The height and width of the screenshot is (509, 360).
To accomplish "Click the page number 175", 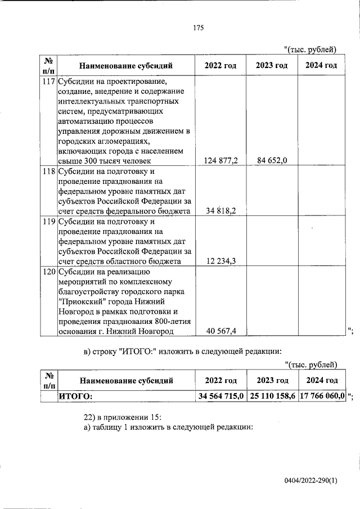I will click(x=197, y=29).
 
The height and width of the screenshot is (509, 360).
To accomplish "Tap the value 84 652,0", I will click(x=272, y=160).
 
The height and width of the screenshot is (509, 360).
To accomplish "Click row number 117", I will click(x=48, y=81).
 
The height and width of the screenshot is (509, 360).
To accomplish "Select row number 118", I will click(x=48, y=171).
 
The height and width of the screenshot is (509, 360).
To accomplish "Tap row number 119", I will click(x=48, y=221).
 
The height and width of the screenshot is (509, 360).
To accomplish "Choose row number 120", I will click(x=48, y=272).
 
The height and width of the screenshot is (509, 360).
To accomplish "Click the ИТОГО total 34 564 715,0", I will click(x=221, y=397).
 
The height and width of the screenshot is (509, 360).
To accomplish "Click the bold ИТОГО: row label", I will click(x=75, y=397).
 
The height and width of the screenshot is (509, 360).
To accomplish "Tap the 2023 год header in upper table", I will click(x=272, y=66).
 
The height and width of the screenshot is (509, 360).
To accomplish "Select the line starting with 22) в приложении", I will click(x=123, y=417).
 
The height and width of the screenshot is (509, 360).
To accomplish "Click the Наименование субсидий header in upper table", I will click(x=125, y=66).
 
